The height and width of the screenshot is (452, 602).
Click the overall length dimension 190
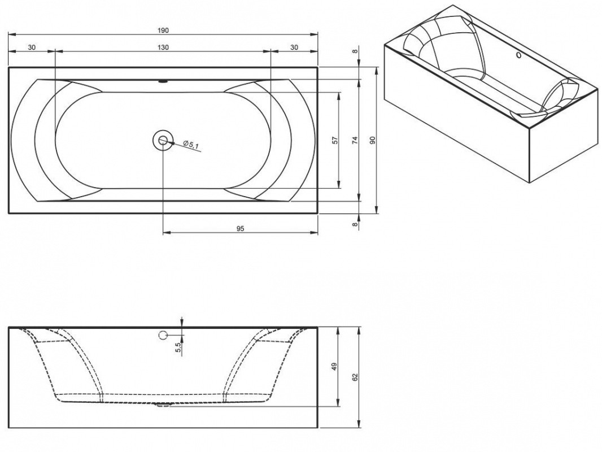(163, 30)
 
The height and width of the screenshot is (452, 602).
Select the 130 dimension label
(163, 47)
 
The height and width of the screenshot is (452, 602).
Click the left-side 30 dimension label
(31, 47)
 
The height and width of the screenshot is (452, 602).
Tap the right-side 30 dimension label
(294, 47)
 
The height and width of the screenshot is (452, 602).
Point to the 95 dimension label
(240, 229)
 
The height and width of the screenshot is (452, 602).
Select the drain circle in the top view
(163, 140)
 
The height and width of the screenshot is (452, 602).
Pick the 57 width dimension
(335, 140)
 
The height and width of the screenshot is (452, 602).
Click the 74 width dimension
(355, 140)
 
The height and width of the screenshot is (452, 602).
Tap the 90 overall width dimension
(372, 140)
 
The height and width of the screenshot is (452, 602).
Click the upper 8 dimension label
(355, 51)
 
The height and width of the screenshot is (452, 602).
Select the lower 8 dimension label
(355, 224)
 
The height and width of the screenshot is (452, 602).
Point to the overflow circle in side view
(163, 335)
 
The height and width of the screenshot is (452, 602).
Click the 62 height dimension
(355, 376)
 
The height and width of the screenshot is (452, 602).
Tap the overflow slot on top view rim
(163, 81)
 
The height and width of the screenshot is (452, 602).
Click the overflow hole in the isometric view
(519, 56)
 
